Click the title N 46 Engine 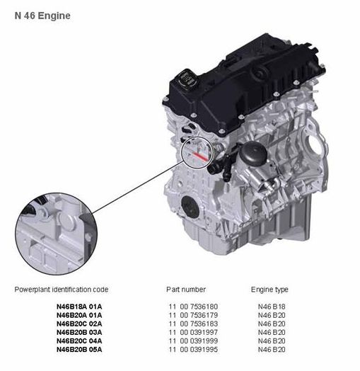click(42, 16)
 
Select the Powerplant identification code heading click(62, 290)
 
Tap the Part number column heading click(186, 290)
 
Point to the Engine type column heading click(269, 290)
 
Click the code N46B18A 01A click(79, 307)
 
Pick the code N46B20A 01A click(79, 315)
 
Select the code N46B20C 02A click(79, 324)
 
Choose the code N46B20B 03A click(79, 332)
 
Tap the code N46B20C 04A click(79, 341)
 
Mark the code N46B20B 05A click(79, 350)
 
